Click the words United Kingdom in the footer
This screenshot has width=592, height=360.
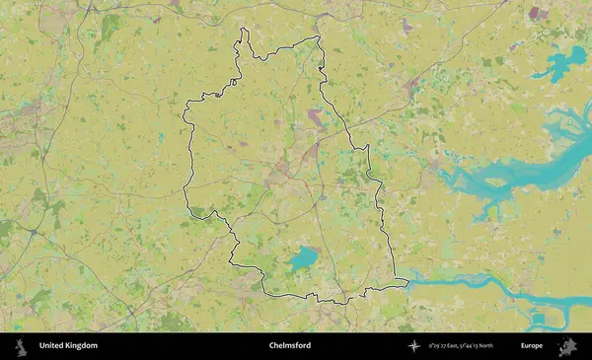(x=68, y=346)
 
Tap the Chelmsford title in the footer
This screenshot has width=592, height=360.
(x=289, y=346)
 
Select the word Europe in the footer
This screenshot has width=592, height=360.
(x=532, y=346)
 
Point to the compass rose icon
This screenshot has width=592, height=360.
(x=415, y=346)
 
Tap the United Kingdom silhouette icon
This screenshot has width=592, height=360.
(x=21, y=346)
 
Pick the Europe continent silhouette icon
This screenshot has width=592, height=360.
(x=567, y=346)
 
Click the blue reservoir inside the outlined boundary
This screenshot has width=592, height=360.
(x=303, y=259)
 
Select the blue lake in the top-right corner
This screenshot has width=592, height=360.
(x=562, y=64)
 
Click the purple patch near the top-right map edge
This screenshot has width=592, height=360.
(x=538, y=14)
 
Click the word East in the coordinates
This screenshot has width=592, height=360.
(x=460, y=346)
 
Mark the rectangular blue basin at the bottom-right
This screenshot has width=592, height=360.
(x=541, y=320)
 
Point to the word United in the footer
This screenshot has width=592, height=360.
(x=50, y=346)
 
